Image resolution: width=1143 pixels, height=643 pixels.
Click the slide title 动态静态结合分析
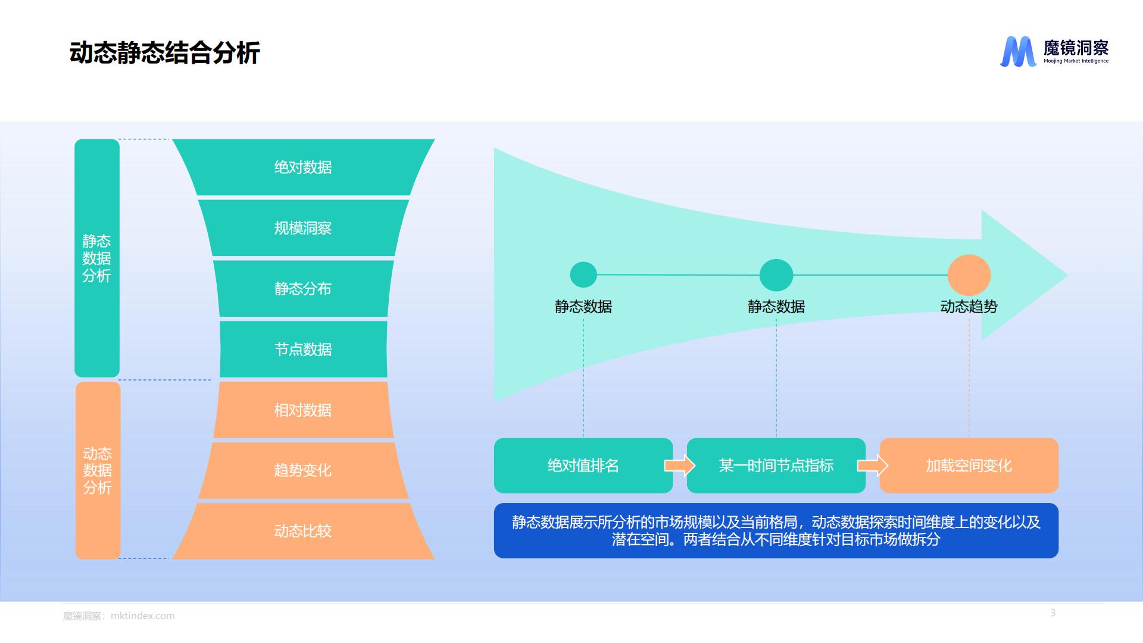[165, 53]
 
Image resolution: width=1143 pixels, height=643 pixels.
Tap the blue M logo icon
[1018, 52]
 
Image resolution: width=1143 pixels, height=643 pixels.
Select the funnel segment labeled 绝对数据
[303, 167]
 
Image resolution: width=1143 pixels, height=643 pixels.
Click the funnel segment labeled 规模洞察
[303, 228]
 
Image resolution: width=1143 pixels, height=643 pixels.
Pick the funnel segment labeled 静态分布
[303, 289]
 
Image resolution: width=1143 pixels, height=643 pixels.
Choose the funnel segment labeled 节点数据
[303, 349]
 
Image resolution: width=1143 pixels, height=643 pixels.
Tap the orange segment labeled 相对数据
[303, 410]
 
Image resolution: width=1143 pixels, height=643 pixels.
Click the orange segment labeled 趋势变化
[303, 470]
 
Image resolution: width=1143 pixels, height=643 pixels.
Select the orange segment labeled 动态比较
[303, 531]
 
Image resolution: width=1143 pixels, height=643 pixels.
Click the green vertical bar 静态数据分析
[97, 258]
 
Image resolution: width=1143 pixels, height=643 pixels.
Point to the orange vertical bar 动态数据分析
[98, 470]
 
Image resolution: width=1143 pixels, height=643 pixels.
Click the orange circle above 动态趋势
[969, 275]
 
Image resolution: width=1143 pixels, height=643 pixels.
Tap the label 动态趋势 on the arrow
[969, 307]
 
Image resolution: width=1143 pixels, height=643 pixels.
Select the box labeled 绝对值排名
[583, 466]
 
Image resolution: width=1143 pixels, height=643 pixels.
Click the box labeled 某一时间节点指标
[776, 466]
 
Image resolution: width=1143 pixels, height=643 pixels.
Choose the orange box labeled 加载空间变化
[969, 466]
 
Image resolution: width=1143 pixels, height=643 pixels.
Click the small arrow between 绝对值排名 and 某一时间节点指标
[680, 465]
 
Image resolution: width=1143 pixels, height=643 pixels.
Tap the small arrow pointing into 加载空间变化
[873, 465]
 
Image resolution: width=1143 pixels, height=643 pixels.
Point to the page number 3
[1053, 613]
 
